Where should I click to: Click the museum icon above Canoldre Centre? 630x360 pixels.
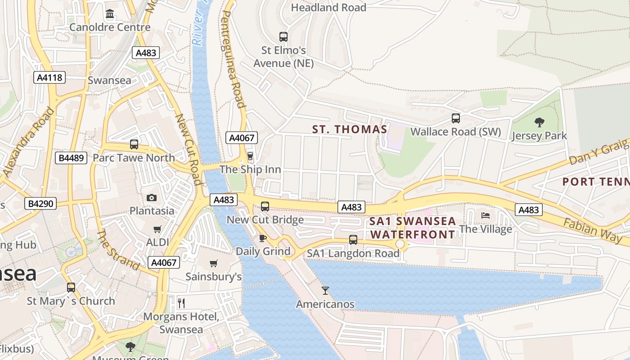110,14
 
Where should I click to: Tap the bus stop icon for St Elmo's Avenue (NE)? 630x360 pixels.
283,37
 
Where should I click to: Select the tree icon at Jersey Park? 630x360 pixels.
539,122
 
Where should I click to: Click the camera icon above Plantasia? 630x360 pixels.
152,198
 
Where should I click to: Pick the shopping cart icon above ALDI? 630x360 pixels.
157,229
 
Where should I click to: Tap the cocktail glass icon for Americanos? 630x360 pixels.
325,291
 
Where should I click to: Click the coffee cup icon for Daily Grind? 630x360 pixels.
263,238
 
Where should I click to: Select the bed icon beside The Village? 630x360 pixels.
486,216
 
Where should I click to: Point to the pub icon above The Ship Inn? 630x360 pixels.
250,156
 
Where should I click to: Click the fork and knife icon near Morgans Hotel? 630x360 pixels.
181,303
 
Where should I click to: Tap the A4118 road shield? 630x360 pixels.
49,77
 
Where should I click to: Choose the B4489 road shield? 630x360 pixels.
71,158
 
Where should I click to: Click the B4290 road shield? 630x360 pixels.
40,203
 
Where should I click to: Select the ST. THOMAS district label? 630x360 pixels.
350,130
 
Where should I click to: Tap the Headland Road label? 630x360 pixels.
328,8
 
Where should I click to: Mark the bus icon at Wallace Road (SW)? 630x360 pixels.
456,118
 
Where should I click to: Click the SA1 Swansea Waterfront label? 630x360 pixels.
413,228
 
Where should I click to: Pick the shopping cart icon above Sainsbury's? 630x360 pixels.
214,263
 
